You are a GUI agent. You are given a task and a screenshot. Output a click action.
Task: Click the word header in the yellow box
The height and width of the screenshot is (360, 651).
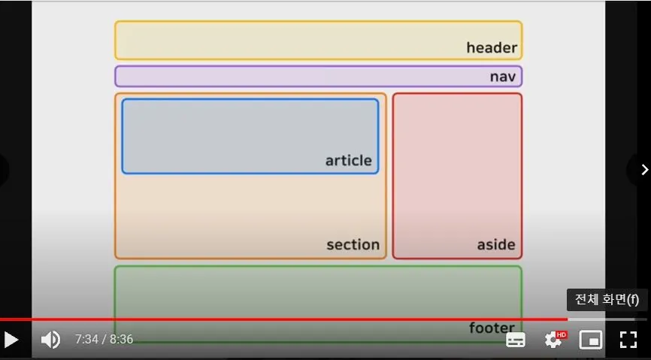(492, 48)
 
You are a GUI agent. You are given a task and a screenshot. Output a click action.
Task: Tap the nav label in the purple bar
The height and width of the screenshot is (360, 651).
(504, 77)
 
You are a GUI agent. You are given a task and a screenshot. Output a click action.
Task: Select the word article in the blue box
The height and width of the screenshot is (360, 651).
(348, 160)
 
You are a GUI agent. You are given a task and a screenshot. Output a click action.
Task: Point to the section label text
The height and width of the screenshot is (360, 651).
(353, 244)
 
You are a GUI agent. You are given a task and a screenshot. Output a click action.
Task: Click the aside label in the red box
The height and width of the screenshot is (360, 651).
(496, 244)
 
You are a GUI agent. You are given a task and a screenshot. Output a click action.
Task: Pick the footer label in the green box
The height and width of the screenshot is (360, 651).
(492, 328)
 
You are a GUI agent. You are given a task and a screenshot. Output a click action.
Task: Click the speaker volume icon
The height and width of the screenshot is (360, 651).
(50, 340)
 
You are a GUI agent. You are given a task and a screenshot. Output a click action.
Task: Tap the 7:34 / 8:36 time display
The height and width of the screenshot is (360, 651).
(104, 340)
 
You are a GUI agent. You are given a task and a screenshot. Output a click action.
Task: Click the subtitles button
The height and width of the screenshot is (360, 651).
(516, 340)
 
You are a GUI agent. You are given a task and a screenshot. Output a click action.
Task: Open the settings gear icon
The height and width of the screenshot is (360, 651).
(553, 340)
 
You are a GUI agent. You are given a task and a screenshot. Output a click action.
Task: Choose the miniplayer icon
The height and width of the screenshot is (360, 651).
(591, 340)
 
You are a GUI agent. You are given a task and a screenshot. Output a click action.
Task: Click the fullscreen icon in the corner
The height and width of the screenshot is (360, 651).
(628, 340)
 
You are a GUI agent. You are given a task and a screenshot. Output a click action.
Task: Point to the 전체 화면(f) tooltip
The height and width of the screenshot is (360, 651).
(607, 300)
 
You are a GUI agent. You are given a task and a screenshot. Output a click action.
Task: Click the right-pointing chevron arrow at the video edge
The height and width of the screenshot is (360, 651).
(643, 169)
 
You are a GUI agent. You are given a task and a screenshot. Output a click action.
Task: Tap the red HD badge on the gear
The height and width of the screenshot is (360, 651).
(562, 334)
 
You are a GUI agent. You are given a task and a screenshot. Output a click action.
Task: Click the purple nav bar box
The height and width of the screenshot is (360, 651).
(301, 77)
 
